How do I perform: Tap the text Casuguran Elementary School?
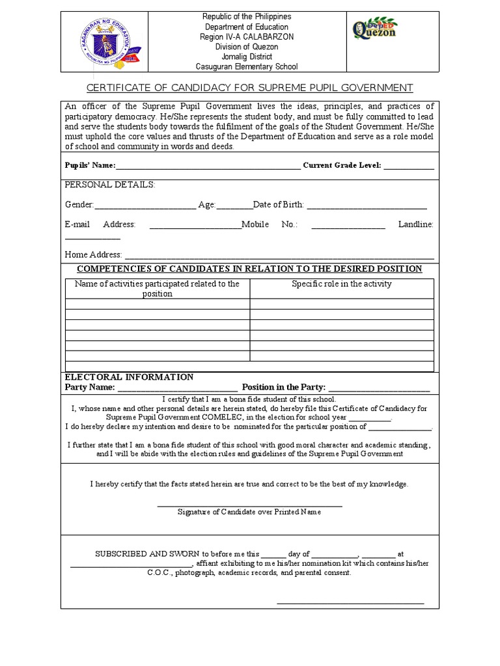(247, 66)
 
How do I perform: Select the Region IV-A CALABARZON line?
(247, 36)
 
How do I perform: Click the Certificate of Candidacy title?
(250, 88)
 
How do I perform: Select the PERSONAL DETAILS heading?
(110, 185)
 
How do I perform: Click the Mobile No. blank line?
(348, 227)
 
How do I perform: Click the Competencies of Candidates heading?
(249, 269)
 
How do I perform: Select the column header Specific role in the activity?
(342, 284)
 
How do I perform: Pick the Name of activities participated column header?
(157, 289)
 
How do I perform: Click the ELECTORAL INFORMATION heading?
(129, 377)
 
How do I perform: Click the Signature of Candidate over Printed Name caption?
(249, 512)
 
